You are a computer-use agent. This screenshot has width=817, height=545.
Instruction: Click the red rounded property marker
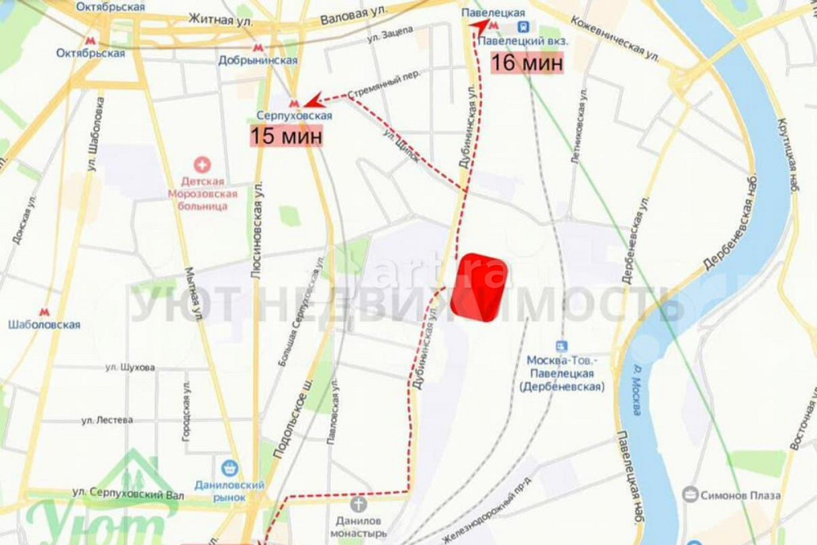pos(480,288)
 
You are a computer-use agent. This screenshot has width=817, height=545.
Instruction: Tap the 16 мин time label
pos(527,62)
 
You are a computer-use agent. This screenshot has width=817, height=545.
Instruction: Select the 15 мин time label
pos(286,136)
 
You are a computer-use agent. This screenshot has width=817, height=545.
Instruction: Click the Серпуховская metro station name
pos(294,116)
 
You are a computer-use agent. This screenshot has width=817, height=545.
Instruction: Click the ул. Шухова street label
pos(130,367)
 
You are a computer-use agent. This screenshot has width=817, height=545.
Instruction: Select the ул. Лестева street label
pos(108,419)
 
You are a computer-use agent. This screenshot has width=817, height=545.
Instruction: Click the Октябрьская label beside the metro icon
pos(91,53)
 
